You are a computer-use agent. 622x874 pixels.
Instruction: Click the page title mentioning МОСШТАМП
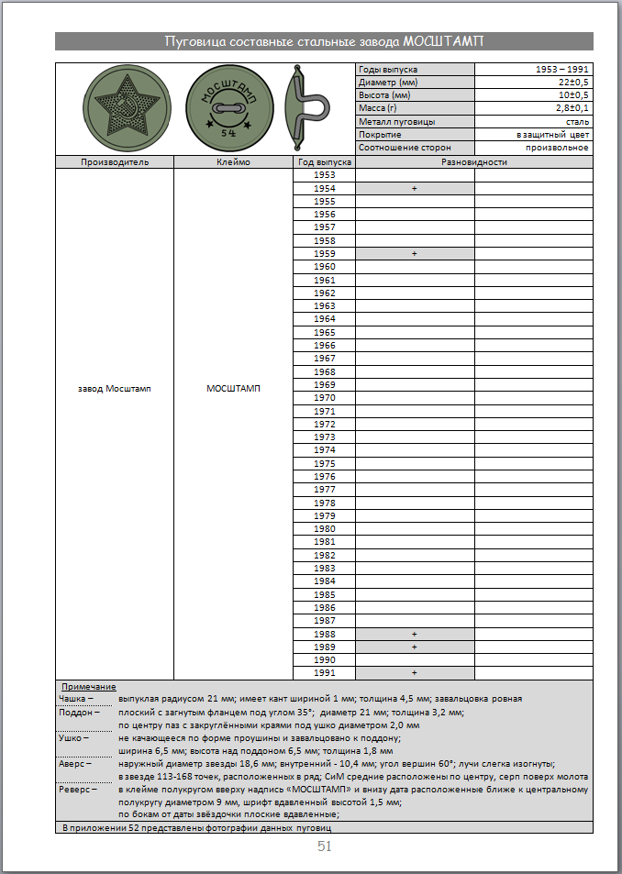pos(324,41)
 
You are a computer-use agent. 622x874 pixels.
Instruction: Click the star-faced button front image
pos(120,109)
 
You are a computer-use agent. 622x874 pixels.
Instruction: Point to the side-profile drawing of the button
pos(303,108)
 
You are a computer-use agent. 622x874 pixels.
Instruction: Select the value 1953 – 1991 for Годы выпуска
pos(562,70)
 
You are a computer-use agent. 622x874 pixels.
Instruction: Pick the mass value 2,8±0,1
pos(569,108)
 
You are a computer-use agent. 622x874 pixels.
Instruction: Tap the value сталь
pos(577,122)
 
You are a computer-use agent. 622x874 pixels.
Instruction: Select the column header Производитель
pos(114,162)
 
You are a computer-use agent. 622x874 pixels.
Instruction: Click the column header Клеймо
pos(233,162)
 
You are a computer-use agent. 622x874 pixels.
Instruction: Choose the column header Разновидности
pos(473,162)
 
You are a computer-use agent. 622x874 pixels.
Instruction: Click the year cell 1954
pos(324,188)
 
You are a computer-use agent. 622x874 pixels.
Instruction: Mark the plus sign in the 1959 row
pos(415,253)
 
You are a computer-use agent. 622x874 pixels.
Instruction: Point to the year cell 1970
pos(324,398)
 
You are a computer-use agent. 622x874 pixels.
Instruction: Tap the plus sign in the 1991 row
pos(415,672)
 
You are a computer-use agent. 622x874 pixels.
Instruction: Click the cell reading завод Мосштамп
pos(114,389)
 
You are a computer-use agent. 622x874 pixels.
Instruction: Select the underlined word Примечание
pos(88,687)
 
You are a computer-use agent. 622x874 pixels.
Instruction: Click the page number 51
pos(324,846)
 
